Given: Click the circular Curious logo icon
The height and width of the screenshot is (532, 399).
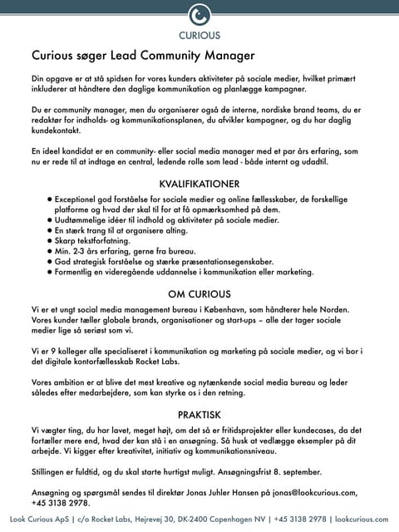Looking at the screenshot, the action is pos(199,16).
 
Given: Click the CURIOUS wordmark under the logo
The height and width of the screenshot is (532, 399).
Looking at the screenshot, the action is pos(199,36).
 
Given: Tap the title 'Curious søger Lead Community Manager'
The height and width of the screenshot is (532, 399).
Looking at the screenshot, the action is pos(142,57).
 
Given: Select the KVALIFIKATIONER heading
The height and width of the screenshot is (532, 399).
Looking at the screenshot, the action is pos(199,184).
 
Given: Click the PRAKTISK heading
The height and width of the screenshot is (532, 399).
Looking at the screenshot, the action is pos(199,413).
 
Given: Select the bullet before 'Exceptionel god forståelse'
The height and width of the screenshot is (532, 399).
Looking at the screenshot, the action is pos(51,200).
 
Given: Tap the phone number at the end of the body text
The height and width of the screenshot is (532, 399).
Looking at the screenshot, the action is pos(60,503).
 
